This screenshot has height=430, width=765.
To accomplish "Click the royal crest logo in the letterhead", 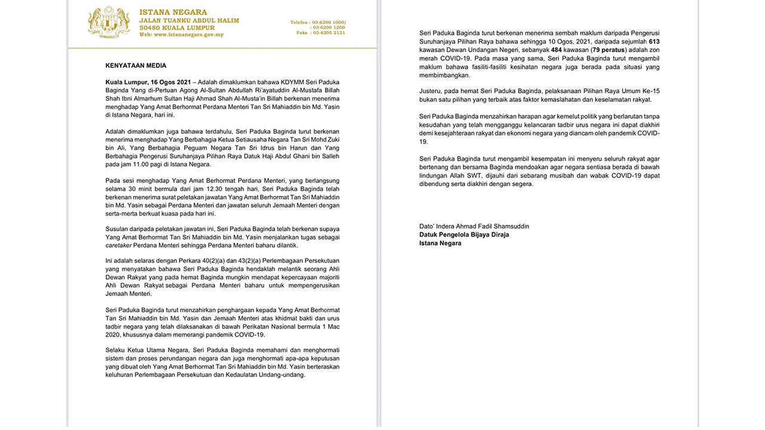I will point(109,23).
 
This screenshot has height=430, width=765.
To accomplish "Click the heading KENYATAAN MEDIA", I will point(136,66).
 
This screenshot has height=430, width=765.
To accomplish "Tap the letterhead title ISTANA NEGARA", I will point(173,12).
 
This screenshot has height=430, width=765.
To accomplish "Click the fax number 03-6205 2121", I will point(329,33).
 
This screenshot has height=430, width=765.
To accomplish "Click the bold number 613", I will point(654,42).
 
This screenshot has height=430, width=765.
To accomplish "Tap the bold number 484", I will point(556,50).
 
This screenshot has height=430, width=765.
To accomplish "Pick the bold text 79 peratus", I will point(608,50).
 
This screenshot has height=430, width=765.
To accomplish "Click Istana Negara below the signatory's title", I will point(440,243).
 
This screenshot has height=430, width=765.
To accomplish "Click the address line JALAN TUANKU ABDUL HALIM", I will point(189,20).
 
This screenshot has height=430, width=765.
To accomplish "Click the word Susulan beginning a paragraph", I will point(118,229).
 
